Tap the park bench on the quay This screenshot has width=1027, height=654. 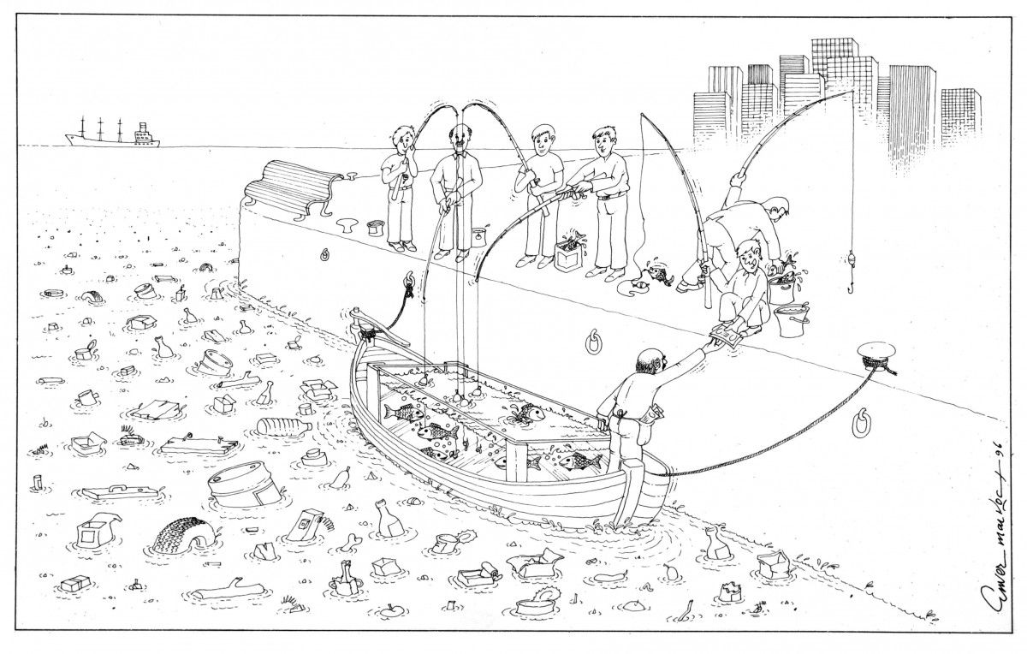[291, 187]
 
